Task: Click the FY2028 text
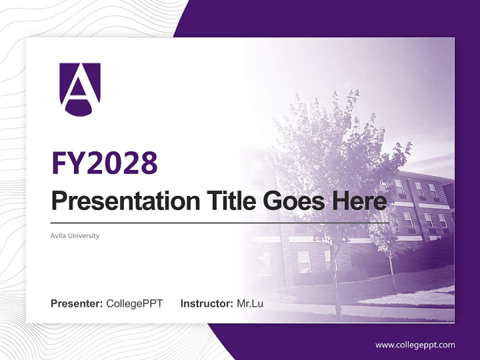[x=104, y=163]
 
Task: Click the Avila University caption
[x=75, y=235]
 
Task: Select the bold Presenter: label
[x=77, y=303]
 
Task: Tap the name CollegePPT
[x=134, y=303]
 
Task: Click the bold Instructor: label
[x=206, y=303]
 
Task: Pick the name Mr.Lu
[x=250, y=303]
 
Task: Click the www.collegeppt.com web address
[x=415, y=345]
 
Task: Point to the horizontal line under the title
[x=220, y=222]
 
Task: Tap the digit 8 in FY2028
[x=148, y=163]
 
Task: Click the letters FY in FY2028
[x=69, y=163]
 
